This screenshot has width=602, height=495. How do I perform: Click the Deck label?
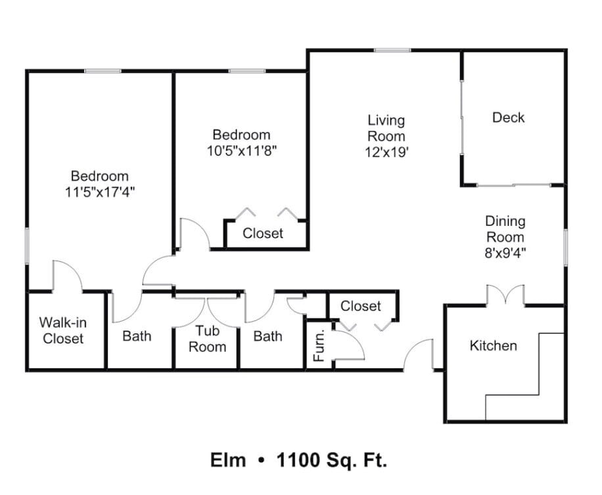point(508,118)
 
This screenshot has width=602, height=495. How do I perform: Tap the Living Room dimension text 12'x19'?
point(386,152)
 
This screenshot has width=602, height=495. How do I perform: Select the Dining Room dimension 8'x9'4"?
point(505,253)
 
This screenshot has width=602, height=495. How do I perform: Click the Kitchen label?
point(493,345)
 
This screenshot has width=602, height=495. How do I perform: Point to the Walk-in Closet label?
point(63,330)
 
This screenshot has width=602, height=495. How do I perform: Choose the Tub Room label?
point(207,339)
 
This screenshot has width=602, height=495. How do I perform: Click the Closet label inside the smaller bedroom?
point(263,233)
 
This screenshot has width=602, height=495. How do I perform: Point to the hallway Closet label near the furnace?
point(361,306)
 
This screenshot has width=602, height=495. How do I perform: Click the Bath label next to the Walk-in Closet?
point(137,336)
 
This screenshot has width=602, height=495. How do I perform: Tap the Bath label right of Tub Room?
point(267,336)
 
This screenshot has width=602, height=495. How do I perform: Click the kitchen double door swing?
point(505,295)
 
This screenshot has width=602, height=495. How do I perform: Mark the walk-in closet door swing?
point(67,276)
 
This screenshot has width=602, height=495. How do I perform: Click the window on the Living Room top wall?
point(392,51)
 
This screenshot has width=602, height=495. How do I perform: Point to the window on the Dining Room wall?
point(565,247)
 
